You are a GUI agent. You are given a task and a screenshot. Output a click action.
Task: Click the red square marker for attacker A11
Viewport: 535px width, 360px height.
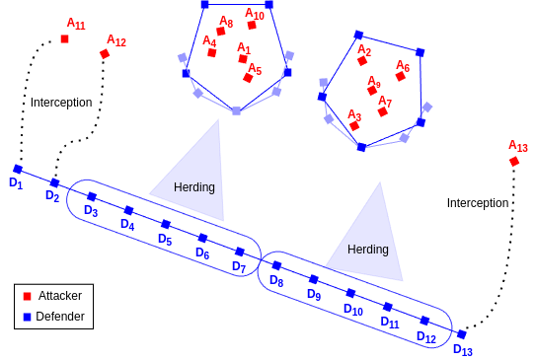(65, 39)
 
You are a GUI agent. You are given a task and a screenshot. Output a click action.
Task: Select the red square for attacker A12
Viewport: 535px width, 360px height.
(105, 54)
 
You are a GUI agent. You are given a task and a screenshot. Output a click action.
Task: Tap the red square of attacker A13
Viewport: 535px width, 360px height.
(514, 162)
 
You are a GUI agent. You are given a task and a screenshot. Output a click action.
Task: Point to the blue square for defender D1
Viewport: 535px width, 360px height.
(18, 169)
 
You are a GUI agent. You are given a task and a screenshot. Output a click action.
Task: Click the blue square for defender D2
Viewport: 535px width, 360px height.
(54, 182)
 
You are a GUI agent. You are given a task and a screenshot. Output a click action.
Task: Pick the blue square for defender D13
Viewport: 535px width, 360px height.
(461, 334)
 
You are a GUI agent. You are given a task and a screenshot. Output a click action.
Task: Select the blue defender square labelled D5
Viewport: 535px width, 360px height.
(166, 224)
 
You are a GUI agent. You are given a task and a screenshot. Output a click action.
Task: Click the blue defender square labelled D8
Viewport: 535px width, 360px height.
(276, 265)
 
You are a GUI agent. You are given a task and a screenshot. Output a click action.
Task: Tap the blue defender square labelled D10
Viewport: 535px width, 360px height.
(350, 293)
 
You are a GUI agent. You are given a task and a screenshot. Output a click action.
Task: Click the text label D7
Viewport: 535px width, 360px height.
(239, 267)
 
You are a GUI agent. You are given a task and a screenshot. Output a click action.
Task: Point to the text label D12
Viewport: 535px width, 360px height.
(425, 337)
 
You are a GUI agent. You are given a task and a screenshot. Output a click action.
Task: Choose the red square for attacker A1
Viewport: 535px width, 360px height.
(243, 59)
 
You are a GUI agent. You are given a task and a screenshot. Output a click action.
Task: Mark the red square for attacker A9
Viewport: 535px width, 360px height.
(372, 91)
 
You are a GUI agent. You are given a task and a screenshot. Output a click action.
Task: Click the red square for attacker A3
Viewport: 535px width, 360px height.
(354, 126)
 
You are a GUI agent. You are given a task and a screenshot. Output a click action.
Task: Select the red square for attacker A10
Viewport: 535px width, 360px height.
(252, 26)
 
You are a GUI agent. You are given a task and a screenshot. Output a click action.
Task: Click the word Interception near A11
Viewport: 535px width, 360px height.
(61, 103)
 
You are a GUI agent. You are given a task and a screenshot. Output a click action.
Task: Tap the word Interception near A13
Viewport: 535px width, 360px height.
(478, 203)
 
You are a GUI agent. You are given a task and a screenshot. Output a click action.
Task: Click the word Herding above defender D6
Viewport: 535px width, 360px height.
(194, 187)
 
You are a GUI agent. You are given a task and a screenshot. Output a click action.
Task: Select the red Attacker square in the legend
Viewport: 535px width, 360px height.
(28, 296)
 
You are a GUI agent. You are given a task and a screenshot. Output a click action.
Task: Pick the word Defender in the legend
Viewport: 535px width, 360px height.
(60, 317)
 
